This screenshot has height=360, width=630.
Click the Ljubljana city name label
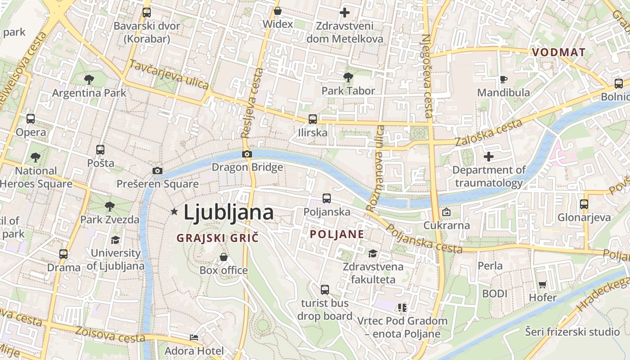point(229,212)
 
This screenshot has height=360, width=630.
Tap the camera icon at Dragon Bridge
point(247,154)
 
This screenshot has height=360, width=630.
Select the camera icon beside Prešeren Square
point(157,171)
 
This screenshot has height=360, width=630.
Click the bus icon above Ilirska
point(312,119)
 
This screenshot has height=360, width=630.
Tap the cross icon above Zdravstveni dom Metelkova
point(345,13)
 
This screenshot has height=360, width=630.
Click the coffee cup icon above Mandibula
point(504,80)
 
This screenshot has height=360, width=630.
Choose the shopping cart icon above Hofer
point(543,284)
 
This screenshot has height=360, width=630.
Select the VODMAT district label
point(558,52)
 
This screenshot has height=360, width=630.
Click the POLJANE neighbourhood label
point(337,234)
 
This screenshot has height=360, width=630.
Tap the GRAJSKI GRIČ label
point(218,238)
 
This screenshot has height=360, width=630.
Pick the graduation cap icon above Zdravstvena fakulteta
point(373,254)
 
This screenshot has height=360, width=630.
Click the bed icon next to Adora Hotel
point(193,337)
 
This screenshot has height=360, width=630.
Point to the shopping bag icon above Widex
point(278,11)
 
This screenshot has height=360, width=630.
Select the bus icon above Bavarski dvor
point(146,13)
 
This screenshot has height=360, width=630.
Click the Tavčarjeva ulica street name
point(169,74)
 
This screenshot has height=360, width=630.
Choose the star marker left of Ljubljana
point(174,211)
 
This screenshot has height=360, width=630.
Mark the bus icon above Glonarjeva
point(584,204)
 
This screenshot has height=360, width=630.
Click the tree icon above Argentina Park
point(89,80)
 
